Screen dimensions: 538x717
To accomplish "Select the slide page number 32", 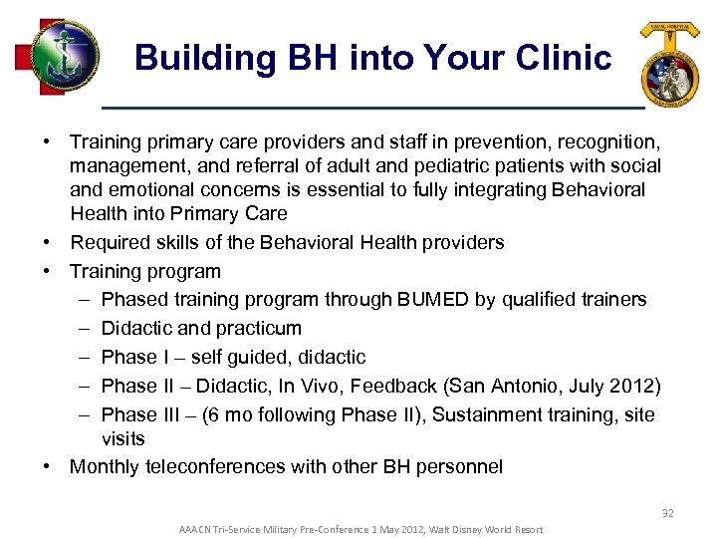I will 668,513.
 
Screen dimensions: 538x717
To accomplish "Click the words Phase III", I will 143,414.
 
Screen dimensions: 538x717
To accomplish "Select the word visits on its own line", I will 122,438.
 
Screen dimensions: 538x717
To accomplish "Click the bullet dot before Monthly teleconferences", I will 47,466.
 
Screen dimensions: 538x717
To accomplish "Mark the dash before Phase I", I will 81,357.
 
